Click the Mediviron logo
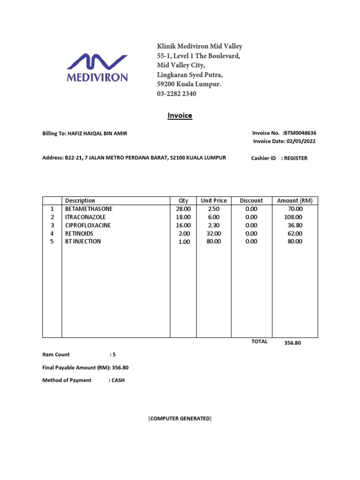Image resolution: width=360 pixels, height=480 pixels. [x=97, y=68]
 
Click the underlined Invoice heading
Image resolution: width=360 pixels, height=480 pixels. [x=180, y=115]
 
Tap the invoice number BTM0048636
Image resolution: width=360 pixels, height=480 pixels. [x=305, y=134]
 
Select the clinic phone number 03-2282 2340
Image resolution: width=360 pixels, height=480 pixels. [x=176, y=94]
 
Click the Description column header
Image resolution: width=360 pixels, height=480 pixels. [x=80, y=201]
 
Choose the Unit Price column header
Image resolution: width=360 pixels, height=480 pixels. [x=214, y=201]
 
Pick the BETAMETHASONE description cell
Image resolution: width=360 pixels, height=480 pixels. [x=89, y=209]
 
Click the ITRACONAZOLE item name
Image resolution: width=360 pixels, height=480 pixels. [x=85, y=217]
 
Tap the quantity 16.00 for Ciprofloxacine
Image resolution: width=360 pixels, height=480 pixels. [x=183, y=225]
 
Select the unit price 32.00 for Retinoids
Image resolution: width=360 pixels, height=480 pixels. [x=214, y=233]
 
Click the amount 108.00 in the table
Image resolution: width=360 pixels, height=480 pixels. [x=293, y=217]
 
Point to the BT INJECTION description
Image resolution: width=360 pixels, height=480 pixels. [x=83, y=242]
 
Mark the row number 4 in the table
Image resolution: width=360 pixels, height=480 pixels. [x=52, y=233]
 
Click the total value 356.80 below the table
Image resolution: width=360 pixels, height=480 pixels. [x=292, y=343]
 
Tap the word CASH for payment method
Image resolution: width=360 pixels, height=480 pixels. [x=118, y=380]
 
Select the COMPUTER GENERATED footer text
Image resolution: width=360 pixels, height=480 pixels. [x=180, y=418]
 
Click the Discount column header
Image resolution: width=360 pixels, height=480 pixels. [x=251, y=201]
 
